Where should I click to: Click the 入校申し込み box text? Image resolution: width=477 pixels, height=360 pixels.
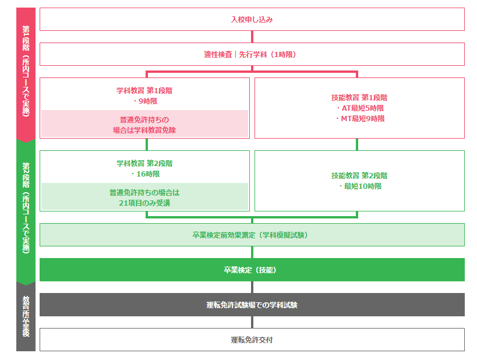[252, 20]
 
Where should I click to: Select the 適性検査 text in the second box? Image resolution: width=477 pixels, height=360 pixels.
[218, 55]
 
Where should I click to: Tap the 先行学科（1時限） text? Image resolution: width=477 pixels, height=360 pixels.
[268, 55]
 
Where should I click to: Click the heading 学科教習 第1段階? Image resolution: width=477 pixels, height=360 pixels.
[144, 91]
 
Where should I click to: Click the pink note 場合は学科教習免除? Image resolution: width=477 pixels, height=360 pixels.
[144, 130]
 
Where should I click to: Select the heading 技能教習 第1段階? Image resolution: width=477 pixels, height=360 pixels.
[359, 98]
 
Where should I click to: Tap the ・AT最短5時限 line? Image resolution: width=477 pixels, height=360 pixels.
[359, 108]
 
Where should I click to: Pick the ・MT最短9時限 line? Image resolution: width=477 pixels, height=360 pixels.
[359, 119]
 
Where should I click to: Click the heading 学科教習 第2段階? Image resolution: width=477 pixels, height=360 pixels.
[144, 164]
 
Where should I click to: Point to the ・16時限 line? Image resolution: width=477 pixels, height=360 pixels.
[145, 174]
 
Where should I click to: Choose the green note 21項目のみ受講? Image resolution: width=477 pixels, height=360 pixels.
[144, 203]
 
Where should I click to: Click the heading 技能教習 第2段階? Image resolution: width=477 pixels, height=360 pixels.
[359, 175]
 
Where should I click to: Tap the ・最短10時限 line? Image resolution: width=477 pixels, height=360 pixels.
[359, 186]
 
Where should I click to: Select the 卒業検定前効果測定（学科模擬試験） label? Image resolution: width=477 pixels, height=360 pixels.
[250, 235]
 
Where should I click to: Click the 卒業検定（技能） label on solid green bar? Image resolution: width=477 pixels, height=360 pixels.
[250, 270]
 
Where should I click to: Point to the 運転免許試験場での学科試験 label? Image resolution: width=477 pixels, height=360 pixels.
[252, 305]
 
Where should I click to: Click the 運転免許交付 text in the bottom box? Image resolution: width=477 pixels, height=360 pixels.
[252, 340]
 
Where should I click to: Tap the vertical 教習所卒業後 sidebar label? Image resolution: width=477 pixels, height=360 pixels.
[26, 316]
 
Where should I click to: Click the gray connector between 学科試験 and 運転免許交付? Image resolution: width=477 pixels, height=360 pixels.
[252, 322]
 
